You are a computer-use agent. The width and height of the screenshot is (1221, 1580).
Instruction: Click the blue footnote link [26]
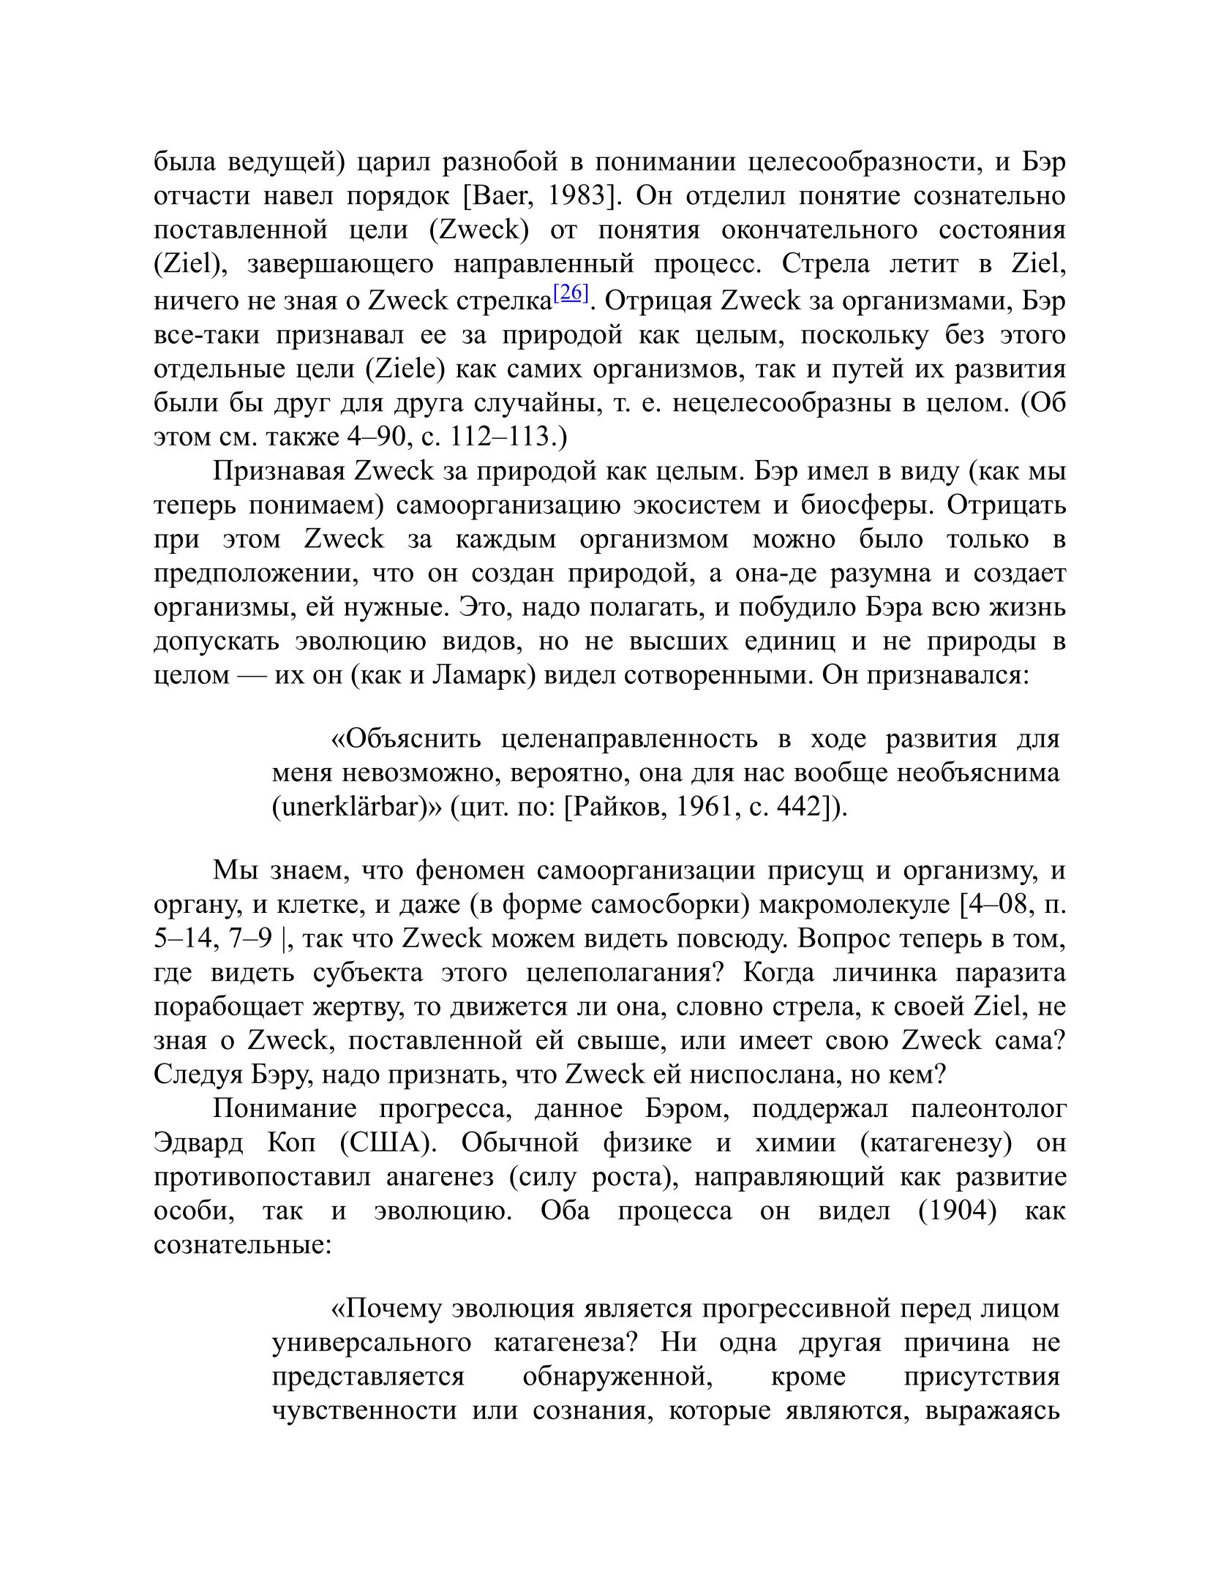pyautogui.click(x=571, y=294)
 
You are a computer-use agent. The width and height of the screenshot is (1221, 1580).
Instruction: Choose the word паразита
pyautogui.click(x=1014, y=973)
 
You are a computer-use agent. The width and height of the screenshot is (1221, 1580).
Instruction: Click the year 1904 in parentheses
pyautogui.click(x=957, y=1211)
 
